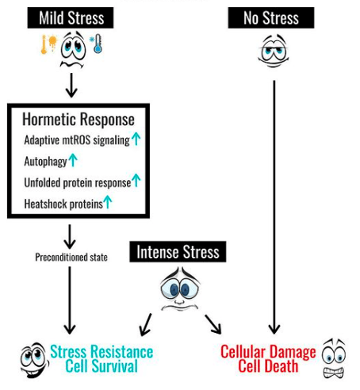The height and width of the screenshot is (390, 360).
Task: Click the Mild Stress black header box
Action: [x=71, y=17]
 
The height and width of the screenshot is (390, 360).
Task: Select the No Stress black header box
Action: [x=271, y=17]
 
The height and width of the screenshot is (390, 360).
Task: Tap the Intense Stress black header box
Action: [x=178, y=251]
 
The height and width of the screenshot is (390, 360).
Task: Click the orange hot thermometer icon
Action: [x=48, y=44]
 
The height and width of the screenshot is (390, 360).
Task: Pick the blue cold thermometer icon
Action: [x=96, y=44]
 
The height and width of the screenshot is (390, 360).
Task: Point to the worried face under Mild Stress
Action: [x=73, y=49]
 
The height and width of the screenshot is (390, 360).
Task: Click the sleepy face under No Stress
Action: [x=274, y=50]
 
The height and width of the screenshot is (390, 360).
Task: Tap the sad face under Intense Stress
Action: [x=180, y=289]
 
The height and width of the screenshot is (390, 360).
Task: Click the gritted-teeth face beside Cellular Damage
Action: [x=334, y=358]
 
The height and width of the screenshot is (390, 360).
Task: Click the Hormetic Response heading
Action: [x=79, y=119]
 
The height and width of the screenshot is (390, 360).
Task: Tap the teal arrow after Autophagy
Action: [x=73, y=160]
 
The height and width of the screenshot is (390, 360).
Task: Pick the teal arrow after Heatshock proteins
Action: [x=107, y=202]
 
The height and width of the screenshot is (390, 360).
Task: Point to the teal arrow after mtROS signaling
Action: [x=136, y=139]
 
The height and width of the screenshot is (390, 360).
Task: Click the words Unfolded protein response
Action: [x=78, y=183]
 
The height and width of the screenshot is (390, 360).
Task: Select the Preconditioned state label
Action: [x=71, y=257]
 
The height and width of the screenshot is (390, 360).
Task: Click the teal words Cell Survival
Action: [x=101, y=366]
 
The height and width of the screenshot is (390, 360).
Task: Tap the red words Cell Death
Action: [x=268, y=366]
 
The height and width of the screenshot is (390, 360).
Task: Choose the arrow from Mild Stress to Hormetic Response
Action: [x=71, y=86]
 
